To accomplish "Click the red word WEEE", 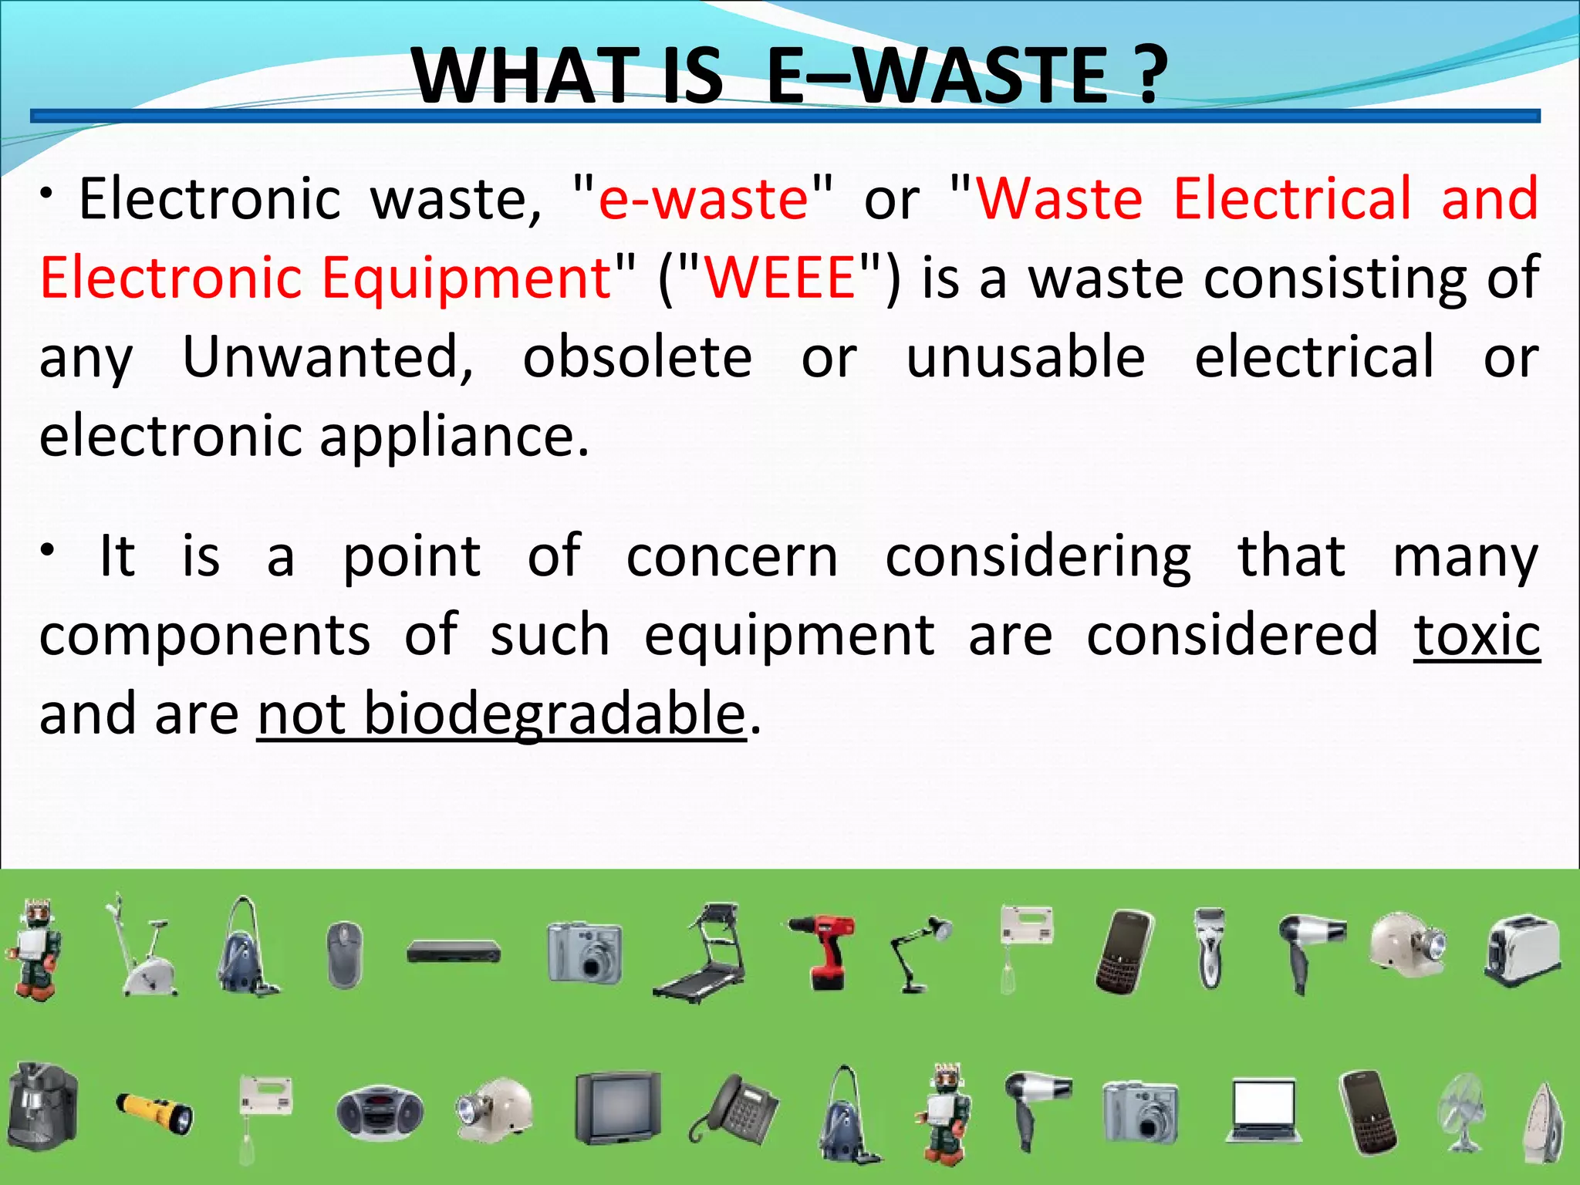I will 780,278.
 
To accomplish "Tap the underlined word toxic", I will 1477,636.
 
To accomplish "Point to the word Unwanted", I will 328,358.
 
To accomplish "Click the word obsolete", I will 637,358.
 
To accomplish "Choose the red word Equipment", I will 467,278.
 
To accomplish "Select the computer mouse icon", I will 344,955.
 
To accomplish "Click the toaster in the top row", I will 1522,950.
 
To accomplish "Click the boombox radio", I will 380,1111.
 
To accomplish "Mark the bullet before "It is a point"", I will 48,550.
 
